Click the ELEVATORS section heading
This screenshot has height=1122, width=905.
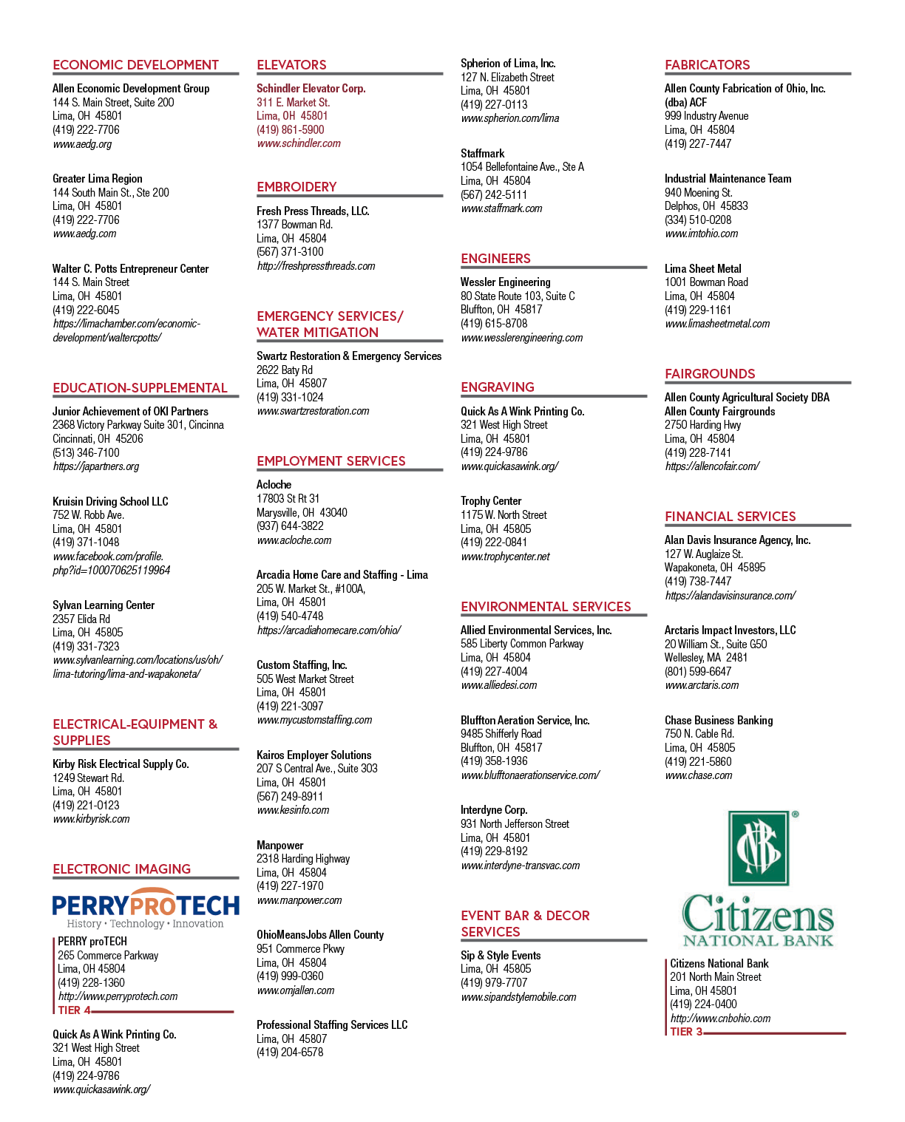point(291,64)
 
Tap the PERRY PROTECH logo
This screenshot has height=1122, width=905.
point(146,908)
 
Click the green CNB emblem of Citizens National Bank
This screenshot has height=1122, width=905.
point(759,849)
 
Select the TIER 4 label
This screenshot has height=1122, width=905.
point(74,1010)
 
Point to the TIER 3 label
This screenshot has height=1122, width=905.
point(686,1031)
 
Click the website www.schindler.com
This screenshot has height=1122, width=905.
point(299,143)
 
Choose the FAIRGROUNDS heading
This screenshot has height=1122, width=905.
point(709,374)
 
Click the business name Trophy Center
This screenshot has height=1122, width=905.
point(491,501)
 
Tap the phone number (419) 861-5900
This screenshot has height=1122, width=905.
point(290,130)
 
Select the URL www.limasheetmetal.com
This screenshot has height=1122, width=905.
point(717,324)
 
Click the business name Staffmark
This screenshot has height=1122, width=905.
point(483,153)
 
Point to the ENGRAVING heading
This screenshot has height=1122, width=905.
point(498,387)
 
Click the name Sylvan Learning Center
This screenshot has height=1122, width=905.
point(104,605)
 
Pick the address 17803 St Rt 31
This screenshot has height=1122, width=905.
point(288,498)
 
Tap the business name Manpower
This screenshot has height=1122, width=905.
point(279,845)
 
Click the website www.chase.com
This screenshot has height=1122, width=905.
point(699,775)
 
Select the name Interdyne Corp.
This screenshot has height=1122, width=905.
point(494,809)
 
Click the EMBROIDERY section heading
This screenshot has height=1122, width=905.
point(296,187)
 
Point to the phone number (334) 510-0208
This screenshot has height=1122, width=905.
point(698,220)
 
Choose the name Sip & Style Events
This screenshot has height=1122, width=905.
point(501,955)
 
